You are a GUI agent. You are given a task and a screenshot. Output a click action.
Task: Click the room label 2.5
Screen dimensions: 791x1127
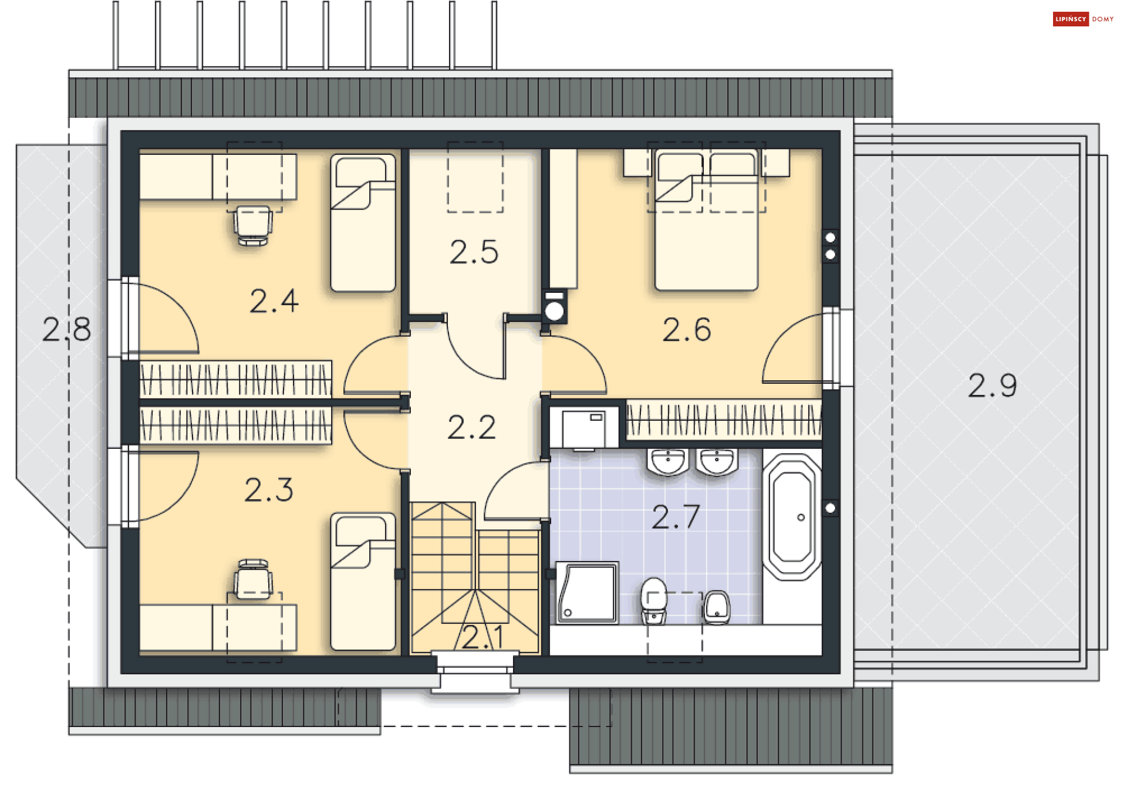(474, 252)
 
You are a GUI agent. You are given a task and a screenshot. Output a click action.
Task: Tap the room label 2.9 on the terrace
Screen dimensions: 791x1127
(992, 386)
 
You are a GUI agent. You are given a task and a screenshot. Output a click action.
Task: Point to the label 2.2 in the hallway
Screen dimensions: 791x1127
(471, 427)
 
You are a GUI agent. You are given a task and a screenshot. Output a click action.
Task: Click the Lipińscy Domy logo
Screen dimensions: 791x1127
(1083, 19)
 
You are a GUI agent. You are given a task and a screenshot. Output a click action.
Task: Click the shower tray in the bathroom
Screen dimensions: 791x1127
(587, 593)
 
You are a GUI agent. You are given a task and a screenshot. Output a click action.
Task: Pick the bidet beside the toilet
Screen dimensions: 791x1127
(717, 607)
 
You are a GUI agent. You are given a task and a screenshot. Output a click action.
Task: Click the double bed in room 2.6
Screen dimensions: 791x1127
(706, 223)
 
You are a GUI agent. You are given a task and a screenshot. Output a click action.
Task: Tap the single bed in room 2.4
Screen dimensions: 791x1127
(363, 223)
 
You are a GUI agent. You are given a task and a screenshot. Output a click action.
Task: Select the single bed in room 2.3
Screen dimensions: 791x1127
(363, 581)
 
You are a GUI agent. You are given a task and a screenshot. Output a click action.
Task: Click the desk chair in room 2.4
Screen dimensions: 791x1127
(253, 225)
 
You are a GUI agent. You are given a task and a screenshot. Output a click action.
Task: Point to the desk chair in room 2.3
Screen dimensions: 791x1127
(253, 579)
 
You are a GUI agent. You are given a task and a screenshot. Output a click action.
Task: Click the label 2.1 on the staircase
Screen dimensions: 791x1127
(482, 637)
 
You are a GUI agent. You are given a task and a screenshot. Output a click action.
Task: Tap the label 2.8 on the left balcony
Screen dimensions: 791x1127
(66, 329)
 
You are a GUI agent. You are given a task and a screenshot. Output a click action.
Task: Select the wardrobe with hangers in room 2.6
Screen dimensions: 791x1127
(723, 419)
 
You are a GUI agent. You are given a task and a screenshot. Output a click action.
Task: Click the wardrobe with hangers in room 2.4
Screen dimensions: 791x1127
(235, 378)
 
